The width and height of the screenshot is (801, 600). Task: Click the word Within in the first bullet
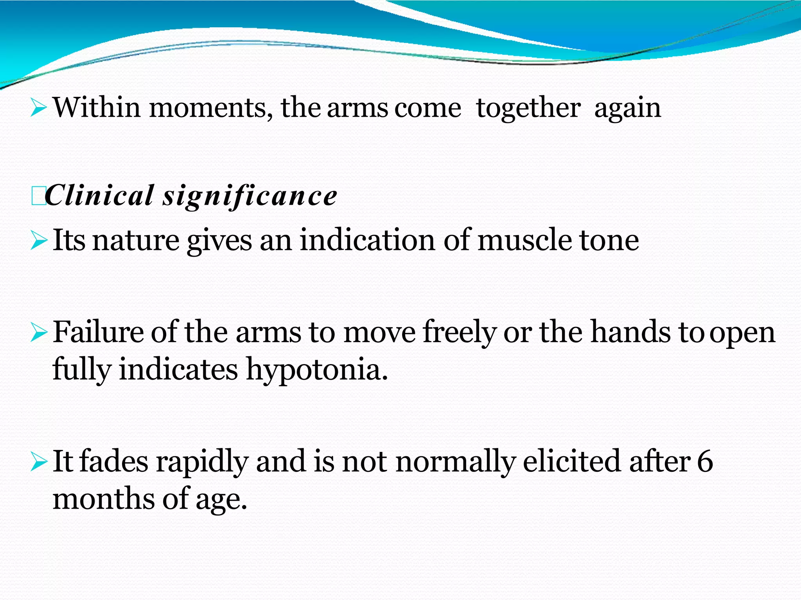97,107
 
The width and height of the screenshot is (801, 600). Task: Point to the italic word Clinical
100,195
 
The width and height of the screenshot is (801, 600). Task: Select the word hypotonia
317,370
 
